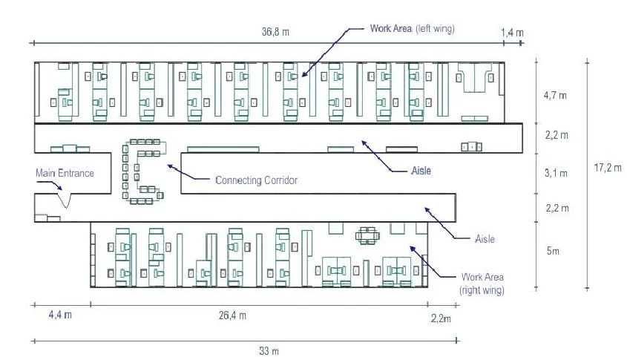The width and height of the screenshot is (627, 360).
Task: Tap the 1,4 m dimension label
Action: [512, 33]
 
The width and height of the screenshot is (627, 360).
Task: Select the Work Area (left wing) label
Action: [412, 29]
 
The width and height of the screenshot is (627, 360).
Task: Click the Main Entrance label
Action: [65, 173]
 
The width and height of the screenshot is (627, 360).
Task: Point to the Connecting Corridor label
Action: [255, 180]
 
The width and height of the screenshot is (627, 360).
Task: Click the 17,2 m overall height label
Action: [608, 168]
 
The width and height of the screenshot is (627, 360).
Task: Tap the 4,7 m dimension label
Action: [556, 96]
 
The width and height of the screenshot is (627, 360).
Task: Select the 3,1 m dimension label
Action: [556, 174]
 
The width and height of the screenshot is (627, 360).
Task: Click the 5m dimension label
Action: [553, 251]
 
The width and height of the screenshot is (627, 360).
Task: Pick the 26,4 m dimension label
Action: [232, 315]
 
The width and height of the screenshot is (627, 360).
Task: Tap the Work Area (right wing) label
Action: [482, 284]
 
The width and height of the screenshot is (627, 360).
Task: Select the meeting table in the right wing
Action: [369, 236]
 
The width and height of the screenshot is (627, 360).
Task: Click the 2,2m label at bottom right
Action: [441, 319]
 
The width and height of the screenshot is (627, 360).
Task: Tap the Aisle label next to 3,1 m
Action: [421, 171]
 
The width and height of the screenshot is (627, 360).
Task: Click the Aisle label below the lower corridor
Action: [484, 239]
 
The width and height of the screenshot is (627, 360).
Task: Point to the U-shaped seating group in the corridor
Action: [142, 171]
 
